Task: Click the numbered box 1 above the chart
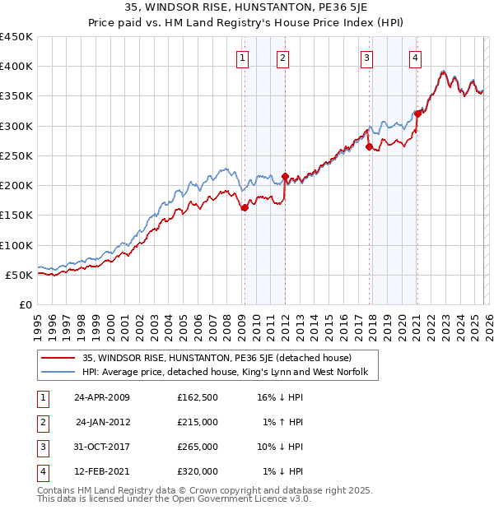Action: pyautogui.click(x=244, y=58)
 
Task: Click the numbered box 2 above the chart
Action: pyautogui.click(x=283, y=58)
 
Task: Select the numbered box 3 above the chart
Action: pyautogui.click(x=366, y=58)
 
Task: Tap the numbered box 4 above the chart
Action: pyautogui.click(x=416, y=58)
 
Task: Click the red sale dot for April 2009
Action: pyautogui.click(x=245, y=208)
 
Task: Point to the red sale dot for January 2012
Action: pyautogui.click(x=285, y=176)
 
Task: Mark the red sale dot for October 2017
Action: pyautogui.click(x=369, y=147)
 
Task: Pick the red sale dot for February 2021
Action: pyautogui.click(x=417, y=114)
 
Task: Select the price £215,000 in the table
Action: pyautogui.click(x=198, y=422)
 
